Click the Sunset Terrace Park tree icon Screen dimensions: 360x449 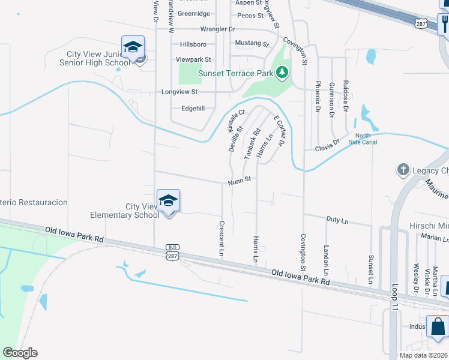tap(282, 73)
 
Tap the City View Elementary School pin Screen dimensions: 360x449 tap(169, 200)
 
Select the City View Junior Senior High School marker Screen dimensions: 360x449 tap(133, 47)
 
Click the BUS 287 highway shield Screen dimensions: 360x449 tap(172, 251)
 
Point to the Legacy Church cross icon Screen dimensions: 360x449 tap(403, 170)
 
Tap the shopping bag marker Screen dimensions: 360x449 tap(438, 327)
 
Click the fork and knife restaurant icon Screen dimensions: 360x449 tap(445, 23)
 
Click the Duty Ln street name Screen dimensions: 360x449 tap(337, 220)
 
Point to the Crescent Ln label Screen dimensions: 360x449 tap(221, 239)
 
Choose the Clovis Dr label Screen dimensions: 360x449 tap(327, 145)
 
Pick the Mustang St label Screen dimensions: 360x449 tap(252, 43)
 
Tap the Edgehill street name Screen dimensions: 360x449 tap(193, 109)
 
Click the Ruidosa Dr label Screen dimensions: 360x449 tap(346, 96)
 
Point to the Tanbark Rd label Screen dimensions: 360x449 tap(252, 143)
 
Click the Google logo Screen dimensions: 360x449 tap(20, 353)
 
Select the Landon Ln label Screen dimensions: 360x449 tap(327, 257)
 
